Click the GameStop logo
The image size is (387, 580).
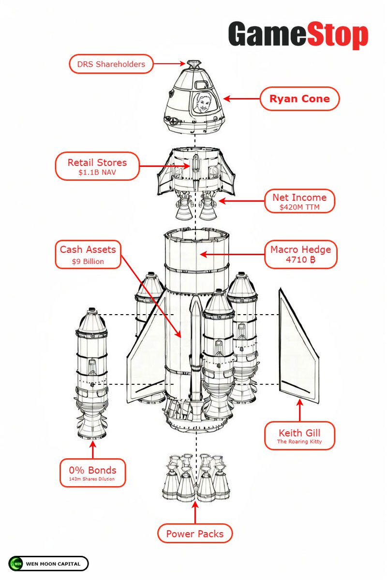coord(298,35)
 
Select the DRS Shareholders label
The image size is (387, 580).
coord(111,64)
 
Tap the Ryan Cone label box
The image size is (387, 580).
coord(300,99)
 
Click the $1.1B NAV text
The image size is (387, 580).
coord(97,173)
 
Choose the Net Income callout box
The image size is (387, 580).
coord(299,201)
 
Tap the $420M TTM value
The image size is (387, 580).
coord(299,208)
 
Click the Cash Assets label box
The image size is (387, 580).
coord(88,254)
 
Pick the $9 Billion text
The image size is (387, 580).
coord(88,262)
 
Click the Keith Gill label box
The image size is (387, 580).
coord(299,435)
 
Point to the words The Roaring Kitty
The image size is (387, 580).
coord(299,442)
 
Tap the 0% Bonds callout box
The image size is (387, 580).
coord(92,473)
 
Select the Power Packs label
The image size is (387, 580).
coord(195,534)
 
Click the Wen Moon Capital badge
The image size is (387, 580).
coord(48,564)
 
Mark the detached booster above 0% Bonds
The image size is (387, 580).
coord(91,372)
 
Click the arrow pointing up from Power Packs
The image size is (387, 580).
coord(195,512)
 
